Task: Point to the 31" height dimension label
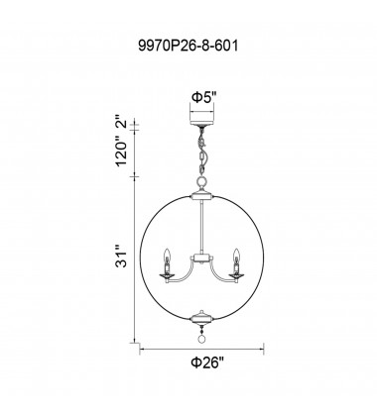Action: (121, 260)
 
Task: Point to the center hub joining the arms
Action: (202, 257)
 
